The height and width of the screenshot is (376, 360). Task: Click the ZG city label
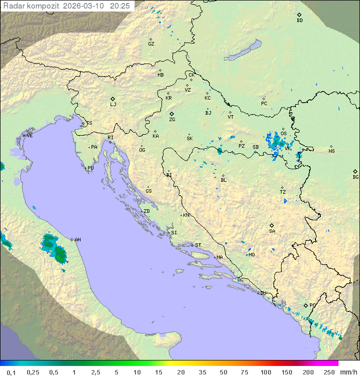click(x=172, y=120)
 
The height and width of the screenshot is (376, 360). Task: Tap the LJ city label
click(x=113, y=105)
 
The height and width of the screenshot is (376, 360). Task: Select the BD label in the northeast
click(x=299, y=21)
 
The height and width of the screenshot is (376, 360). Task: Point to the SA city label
click(x=272, y=231)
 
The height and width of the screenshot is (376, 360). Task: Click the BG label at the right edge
click(x=355, y=177)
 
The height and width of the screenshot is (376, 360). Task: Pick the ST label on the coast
click(x=198, y=245)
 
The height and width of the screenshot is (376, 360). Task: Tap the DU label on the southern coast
click(x=263, y=293)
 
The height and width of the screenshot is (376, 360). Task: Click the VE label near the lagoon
click(x=29, y=136)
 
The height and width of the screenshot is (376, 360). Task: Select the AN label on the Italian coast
click(x=77, y=240)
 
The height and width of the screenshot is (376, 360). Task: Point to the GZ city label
click(x=151, y=44)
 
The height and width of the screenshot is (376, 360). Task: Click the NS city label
click(x=331, y=151)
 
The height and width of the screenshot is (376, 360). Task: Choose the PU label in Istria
click(x=90, y=168)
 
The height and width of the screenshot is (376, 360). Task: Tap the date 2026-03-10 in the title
click(x=83, y=6)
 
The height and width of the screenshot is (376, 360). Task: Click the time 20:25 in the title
click(x=120, y=6)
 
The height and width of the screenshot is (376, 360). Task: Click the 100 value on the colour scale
click(x=265, y=372)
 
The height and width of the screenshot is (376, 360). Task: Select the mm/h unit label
click(x=348, y=372)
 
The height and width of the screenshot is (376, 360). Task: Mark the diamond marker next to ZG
click(x=171, y=114)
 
